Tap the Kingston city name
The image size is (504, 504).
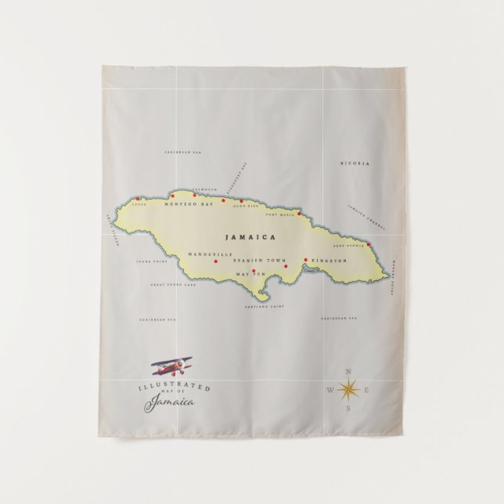tap(328, 260)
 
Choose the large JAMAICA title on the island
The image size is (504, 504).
tap(250, 236)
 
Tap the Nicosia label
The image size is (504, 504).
tap(355, 164)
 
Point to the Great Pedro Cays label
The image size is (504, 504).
tap(174, 285)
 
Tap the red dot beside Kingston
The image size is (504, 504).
tap(305, 259)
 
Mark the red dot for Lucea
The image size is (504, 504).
tap(139, 198)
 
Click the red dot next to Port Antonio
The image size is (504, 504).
tap(369, 244)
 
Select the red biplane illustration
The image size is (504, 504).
tap(172, 365)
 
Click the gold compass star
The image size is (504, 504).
tap(347, 388)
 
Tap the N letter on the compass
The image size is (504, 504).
tap(348, 370)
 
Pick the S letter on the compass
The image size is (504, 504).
tap(348, 407)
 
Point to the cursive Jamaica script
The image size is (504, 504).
tap(170, 402)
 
